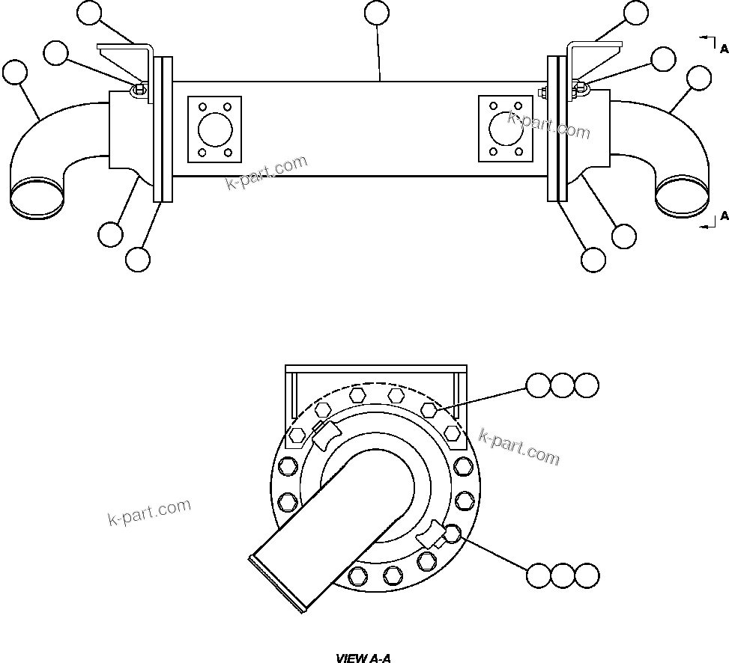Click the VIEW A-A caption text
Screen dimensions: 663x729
point(363,659)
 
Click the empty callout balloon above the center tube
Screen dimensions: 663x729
point(376,13)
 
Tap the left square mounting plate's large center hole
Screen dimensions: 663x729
point(215,129)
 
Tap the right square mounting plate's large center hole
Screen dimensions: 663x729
point(505,128)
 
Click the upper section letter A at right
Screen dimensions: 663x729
point(723,49)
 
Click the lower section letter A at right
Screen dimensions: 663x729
point(723,216)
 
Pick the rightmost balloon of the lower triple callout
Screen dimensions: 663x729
point(587,575)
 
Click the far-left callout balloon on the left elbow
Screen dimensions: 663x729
point(14,73)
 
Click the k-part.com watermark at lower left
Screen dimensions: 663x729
point(150,513)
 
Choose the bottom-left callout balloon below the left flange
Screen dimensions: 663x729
point(138,260)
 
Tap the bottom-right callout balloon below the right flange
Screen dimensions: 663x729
point(593,260)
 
